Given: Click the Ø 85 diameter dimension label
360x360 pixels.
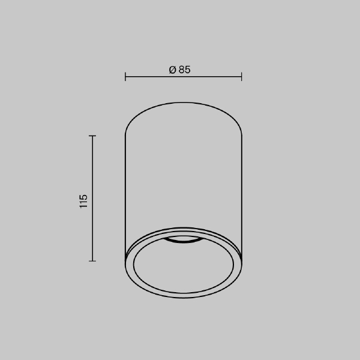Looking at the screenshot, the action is pyautogui.click(x=180, y=70).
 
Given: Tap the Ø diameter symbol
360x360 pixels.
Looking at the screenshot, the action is pyautogui.click(x=173, y=70).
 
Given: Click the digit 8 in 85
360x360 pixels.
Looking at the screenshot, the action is pyautogui.click(x=182, y=70).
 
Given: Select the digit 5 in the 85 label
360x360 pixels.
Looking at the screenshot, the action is pyautogui.click(x=188, y=70).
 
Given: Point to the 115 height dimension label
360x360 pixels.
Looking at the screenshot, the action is pyautogui.click(x=83, y=202).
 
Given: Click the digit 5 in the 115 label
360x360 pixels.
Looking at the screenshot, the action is pyautogui.click(x=83, y=197).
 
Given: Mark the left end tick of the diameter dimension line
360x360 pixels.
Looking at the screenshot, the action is pyautogui.click(x=125, y=77).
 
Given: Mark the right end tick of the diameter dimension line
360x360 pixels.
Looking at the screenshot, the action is pyautogui.click(x=242, y=77).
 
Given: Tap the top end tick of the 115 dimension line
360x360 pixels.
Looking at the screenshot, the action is pyautogui.click(x=92, y=136).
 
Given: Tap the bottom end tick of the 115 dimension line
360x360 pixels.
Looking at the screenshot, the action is pyautogui.click(x=92, y=261).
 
